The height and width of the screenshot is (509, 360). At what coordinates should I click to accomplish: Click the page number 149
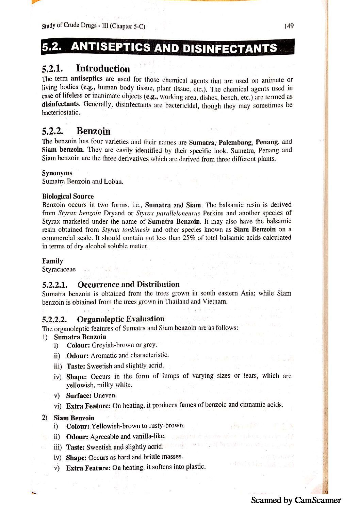289,26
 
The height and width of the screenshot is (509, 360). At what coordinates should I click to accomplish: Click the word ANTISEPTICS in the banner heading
110,47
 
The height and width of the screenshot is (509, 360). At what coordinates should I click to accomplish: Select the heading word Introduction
103,69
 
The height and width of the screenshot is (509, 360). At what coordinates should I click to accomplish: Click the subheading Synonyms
57,173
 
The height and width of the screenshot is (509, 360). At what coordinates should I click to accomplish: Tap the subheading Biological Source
68,196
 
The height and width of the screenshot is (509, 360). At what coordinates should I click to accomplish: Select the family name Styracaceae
59,270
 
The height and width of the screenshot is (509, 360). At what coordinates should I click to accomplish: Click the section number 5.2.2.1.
55,285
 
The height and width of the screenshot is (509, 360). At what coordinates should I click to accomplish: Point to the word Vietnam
215,302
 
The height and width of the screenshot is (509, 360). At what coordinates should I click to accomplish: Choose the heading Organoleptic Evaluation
121,319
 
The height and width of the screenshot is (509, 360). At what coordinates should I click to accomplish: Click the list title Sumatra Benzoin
80,337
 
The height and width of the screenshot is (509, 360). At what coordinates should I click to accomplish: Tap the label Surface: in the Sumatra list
79,395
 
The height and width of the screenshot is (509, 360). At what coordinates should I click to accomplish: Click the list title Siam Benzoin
74,418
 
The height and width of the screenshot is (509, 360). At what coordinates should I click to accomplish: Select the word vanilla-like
148,436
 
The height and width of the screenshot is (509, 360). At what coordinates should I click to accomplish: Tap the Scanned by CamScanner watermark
296,500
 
